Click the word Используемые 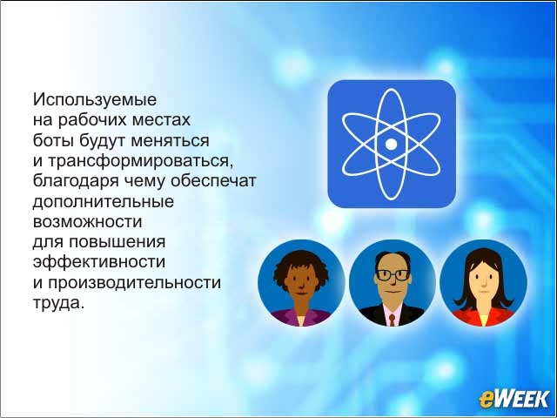(x=95, y=99)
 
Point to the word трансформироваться (x=140, y=160)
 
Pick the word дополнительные (x=104, y=201)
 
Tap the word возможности (x=87, y=222)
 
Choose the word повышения (x=117, y=242)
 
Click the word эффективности (x=99, y=262)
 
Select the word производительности (x=134, y=283)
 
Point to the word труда (x=58, y=303)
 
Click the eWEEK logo (x=513, y=399)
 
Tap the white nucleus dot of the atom (x=391, y=144)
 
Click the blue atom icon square (x=392, y=144)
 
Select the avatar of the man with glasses (x=393, y=283)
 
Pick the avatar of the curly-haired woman (x=301, y=283)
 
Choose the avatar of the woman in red (x=483, y=283)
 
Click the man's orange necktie (x=392, y=320)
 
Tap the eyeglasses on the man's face (x=393, y=275)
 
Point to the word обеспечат (x=213, y=181)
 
